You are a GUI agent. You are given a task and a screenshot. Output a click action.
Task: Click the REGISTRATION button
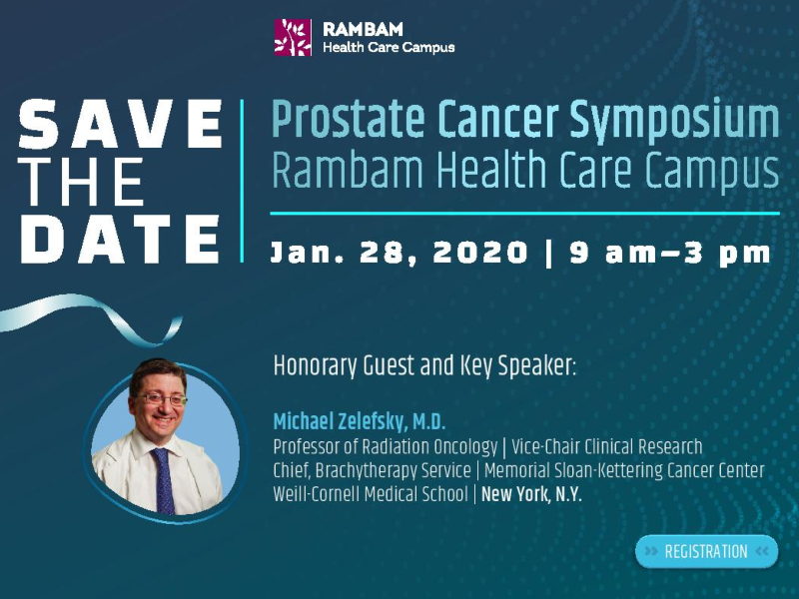tap(707, 552)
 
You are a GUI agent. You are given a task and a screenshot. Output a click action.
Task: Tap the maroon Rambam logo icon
tap(293, 37)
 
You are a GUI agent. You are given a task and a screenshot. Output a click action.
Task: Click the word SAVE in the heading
tap(121, 124)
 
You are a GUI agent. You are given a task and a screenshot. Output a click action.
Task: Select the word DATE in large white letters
tap(120, 239)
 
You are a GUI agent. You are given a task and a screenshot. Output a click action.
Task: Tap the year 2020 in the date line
tap(480, 253)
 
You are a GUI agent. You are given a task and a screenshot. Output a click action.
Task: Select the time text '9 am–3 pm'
tap(670, 254)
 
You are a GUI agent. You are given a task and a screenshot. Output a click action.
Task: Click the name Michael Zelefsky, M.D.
tap(360, 421)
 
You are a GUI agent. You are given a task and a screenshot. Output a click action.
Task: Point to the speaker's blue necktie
tap(164, 481)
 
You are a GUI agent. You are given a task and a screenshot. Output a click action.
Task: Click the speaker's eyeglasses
tap(160, 398)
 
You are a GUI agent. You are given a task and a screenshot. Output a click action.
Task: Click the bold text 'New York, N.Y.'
tap(531, 494)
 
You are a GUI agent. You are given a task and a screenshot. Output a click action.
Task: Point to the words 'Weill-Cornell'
tap(317, 494)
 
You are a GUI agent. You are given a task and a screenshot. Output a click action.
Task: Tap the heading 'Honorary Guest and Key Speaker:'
tap(424, 365)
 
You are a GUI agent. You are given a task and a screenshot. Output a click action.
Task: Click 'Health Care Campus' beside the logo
tap(389, 47)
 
